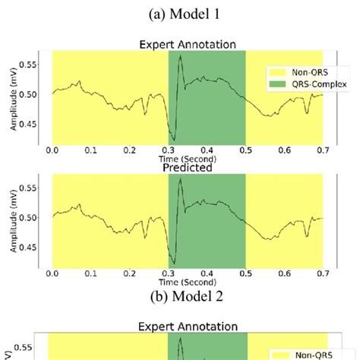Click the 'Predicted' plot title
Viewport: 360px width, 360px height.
point(188,168)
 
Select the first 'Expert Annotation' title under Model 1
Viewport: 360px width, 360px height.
point(188,45)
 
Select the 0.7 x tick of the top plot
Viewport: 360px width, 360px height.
point(323,151)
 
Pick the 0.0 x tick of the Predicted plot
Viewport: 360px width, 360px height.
point(52,274)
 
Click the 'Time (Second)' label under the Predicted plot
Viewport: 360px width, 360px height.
point(188,283)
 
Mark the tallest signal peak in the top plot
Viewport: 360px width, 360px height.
point(180,55)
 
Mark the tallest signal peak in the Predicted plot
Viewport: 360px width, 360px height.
point(180,179)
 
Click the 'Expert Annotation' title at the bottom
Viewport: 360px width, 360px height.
point(188,327)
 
